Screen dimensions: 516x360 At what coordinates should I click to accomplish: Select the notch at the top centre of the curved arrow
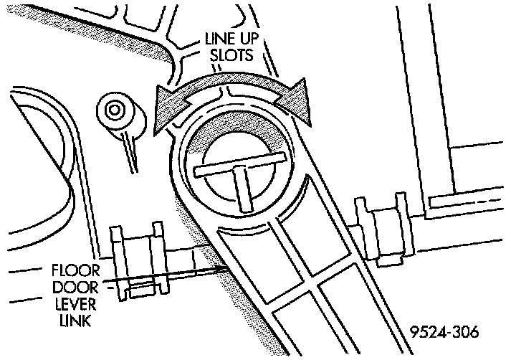coord(229,92)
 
